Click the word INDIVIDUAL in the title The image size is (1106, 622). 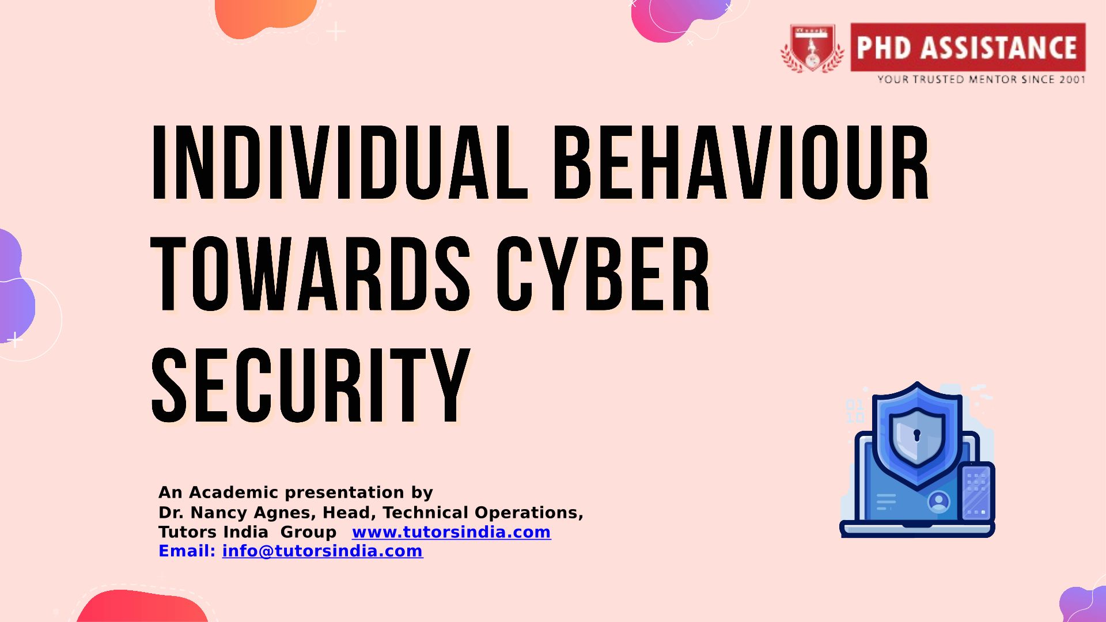click(x=339, y=162)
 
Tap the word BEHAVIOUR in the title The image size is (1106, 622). click(x=741, y=162)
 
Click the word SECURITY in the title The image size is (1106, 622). click(x=310, y=385)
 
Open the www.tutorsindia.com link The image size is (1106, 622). click(x=451, y=532)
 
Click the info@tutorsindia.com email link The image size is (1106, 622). click(x=323, y=551)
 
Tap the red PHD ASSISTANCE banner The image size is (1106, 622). click(x=968, y=47)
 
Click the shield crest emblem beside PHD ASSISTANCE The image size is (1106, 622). click(x=812, y=48)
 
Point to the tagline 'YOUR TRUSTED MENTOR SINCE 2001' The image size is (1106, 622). click(x=981, y=79)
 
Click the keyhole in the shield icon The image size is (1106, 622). click(x=917, y=435)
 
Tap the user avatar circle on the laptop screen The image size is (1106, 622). click(x=938, y=502)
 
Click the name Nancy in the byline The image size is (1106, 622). click(x=221, y=513)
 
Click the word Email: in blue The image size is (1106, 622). click(x=187, y=551)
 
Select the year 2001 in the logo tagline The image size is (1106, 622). click(x=1072, y=79)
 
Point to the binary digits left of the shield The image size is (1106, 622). click(x=855, y=411)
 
